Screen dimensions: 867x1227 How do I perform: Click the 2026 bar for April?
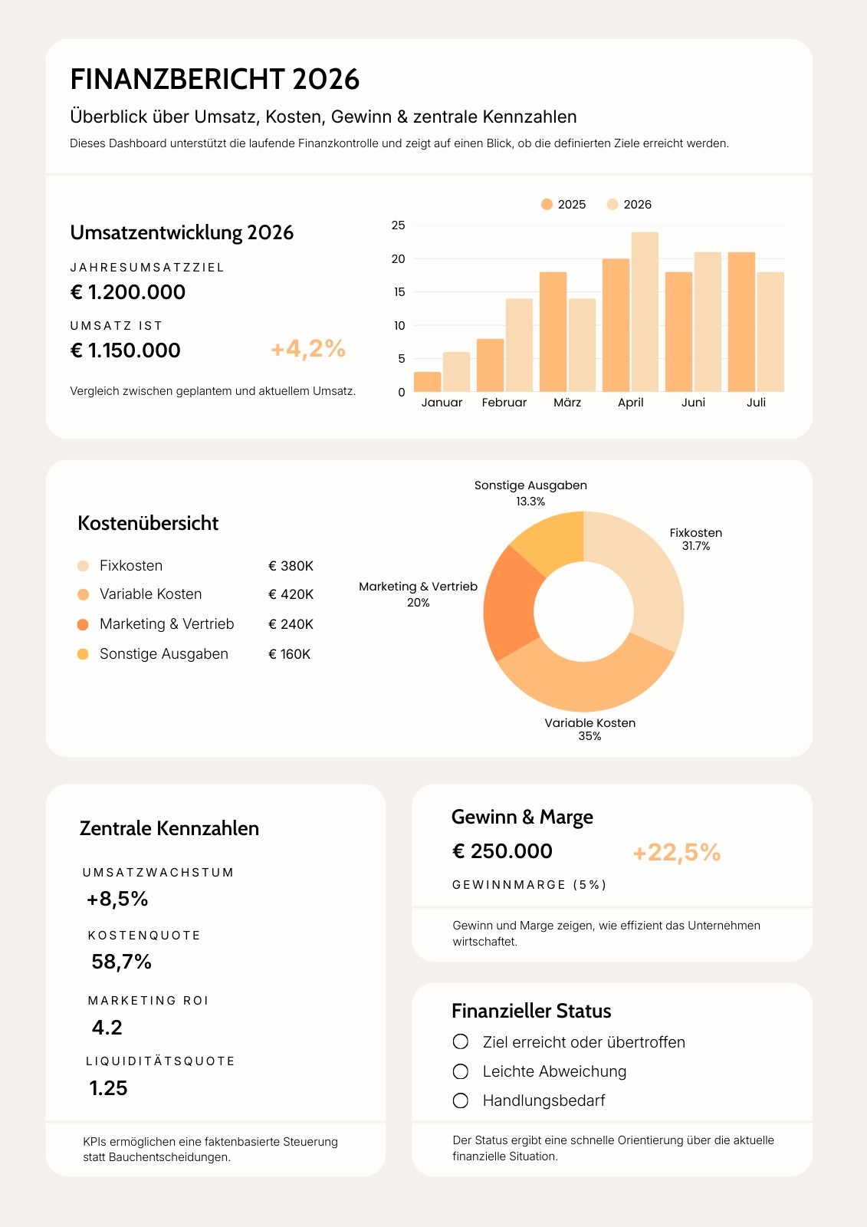645,311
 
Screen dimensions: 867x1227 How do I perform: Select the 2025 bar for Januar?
427,382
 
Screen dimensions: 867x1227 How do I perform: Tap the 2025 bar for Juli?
741,322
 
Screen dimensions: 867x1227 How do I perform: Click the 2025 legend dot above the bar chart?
547,204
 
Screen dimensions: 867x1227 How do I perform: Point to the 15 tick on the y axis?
399,292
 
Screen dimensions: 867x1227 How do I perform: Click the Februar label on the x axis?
504,403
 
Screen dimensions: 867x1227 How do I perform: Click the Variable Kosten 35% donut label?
589,729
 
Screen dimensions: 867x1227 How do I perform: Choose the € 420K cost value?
291,594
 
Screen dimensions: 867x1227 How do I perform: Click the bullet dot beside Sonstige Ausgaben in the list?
83,654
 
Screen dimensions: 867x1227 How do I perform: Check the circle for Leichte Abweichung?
461,1071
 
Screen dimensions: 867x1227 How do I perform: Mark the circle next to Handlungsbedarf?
461,1100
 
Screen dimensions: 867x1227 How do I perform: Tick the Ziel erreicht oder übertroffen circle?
461,1041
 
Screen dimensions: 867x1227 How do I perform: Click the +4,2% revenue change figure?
308,349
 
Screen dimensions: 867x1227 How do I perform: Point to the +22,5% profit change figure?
676,852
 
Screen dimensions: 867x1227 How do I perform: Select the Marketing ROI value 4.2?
107,1028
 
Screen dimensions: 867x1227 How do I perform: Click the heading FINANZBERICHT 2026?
215,79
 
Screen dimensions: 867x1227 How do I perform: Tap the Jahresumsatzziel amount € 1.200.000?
127,292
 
